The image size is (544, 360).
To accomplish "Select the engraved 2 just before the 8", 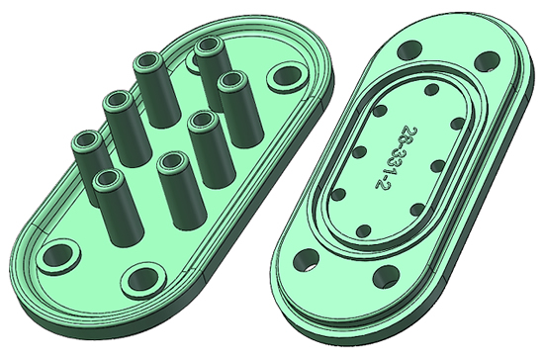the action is click(410, 133).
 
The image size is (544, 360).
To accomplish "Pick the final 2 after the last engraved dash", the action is click(382, 184).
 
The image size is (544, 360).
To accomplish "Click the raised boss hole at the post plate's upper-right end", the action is click(287, 75).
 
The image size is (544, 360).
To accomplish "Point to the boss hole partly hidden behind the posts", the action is click(193, 60).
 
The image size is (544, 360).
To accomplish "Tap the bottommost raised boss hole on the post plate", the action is click(142, 279).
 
